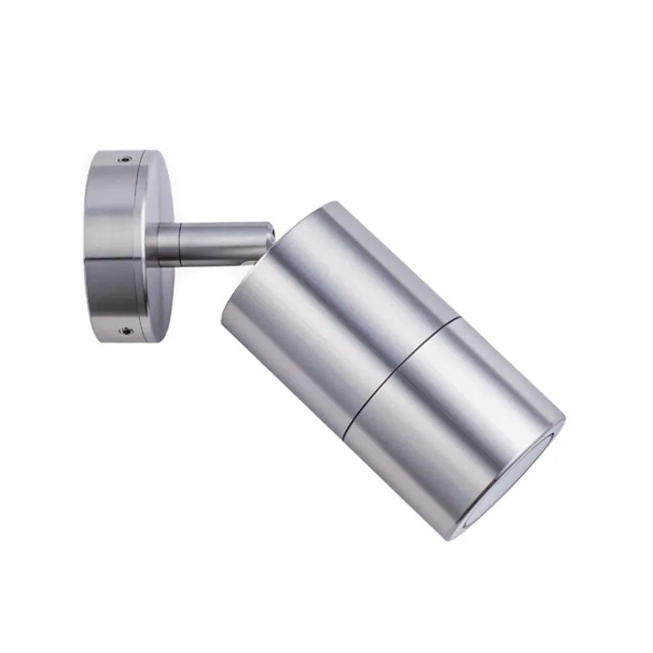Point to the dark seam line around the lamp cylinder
pyautogui.click(x=394, y=372)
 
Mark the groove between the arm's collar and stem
pyautogui.click(x=180, y=244)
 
